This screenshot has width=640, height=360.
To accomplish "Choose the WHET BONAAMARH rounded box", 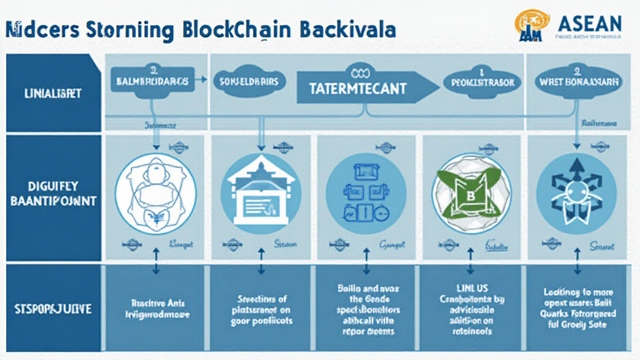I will tap(579, 81).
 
